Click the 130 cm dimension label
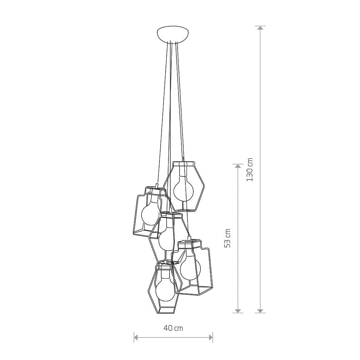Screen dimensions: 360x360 249,170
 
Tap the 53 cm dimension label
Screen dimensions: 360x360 227,238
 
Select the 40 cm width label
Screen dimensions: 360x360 174,328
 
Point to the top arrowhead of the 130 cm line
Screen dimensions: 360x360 260,28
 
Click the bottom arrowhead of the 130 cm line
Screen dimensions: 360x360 260,311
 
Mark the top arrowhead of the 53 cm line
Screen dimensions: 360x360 238,166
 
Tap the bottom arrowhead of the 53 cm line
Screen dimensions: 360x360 238,311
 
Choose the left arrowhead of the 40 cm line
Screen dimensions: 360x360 136,337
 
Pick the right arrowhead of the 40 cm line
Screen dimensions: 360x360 211,337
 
